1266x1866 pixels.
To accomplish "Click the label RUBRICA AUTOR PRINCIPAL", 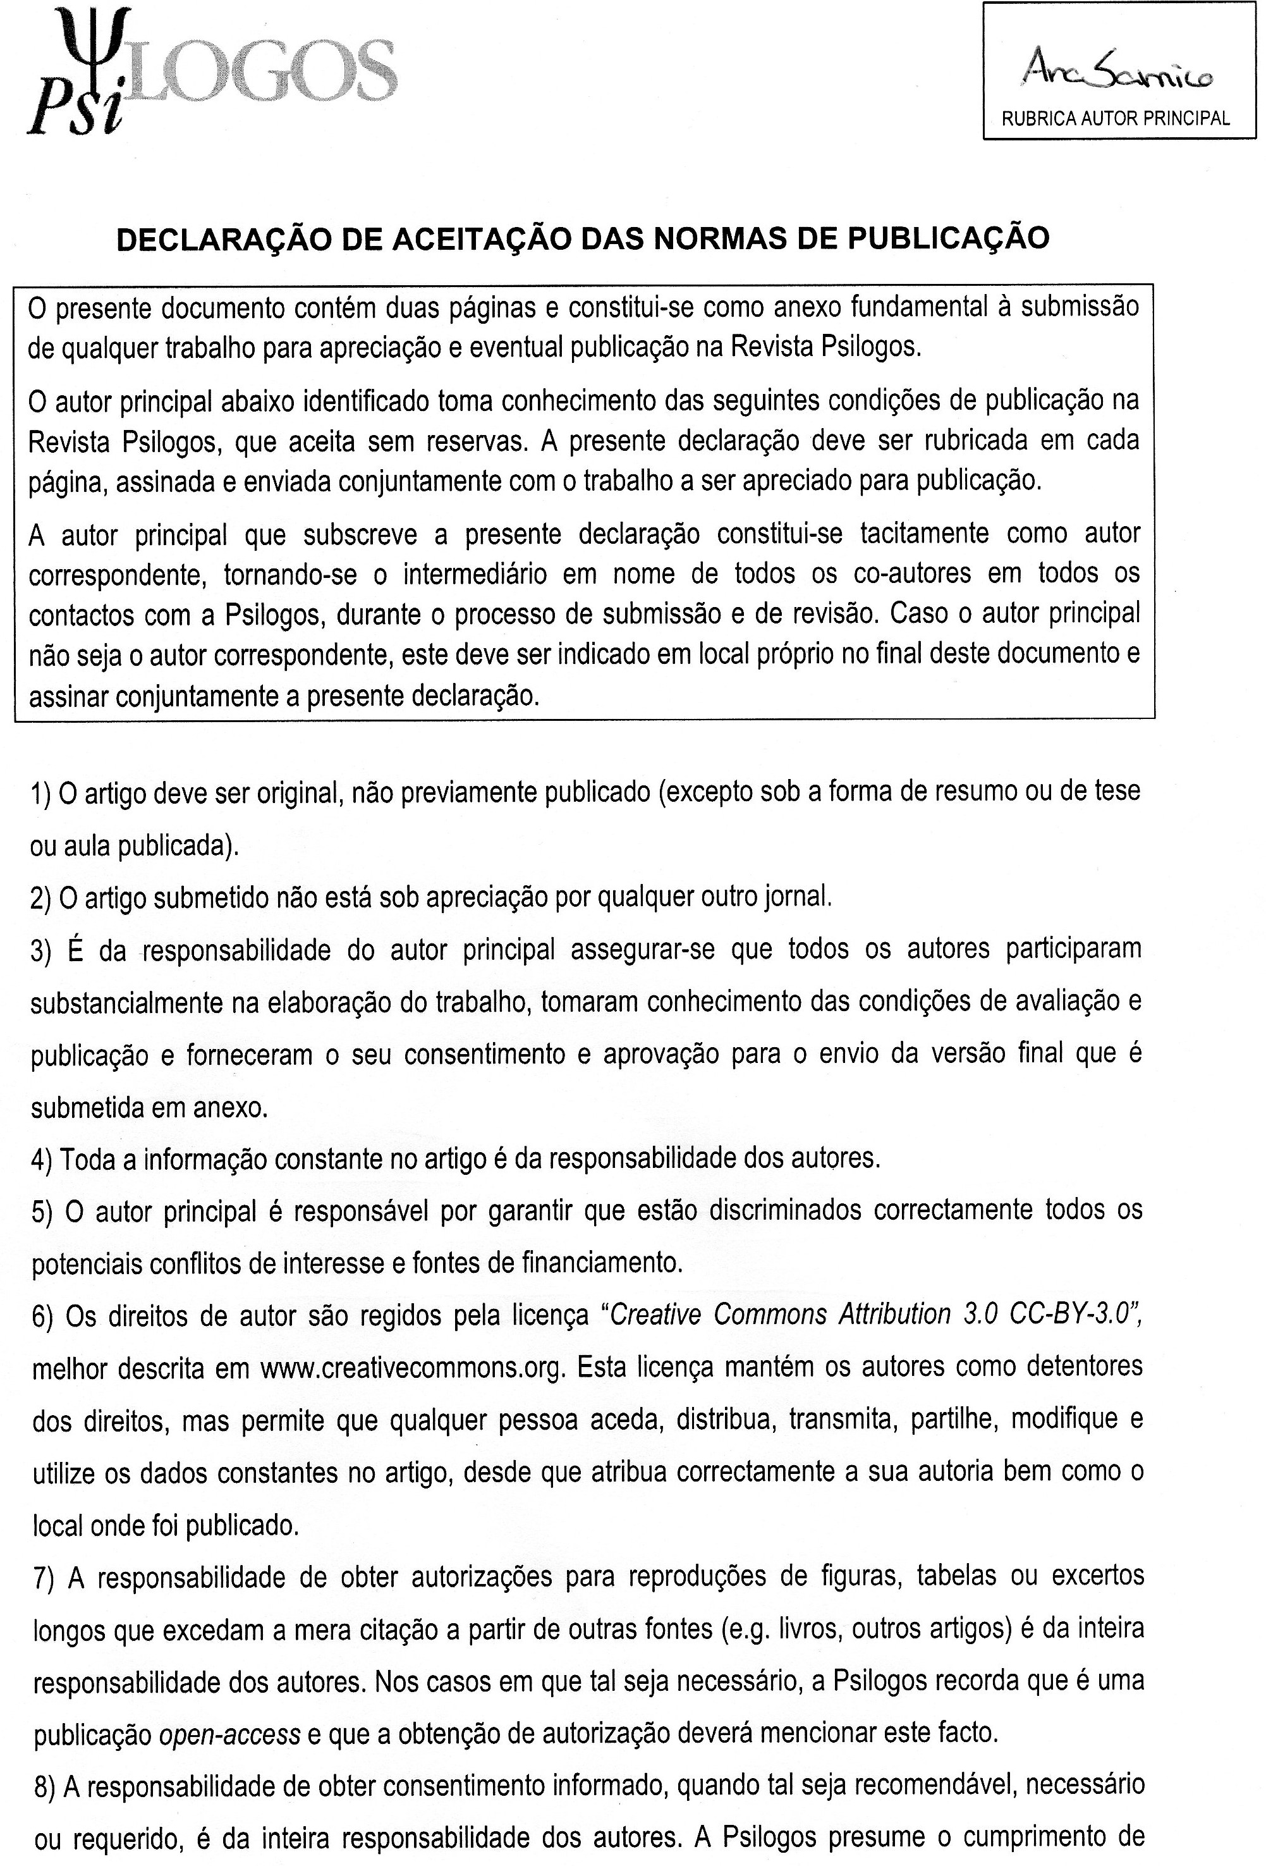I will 1115,119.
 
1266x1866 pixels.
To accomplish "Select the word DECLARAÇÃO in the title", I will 208,239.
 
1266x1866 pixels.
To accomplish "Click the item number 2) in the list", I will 41,897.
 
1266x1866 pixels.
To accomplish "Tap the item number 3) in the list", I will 41,950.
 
